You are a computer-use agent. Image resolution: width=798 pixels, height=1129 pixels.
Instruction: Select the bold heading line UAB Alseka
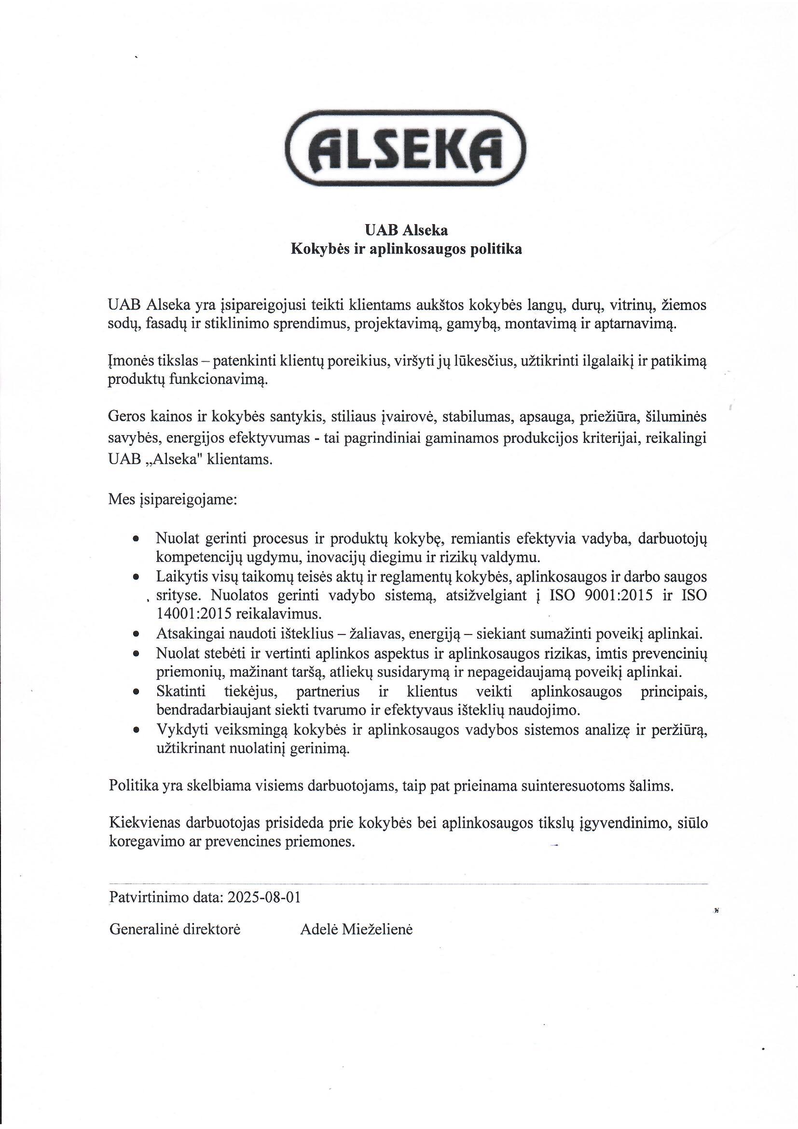406,230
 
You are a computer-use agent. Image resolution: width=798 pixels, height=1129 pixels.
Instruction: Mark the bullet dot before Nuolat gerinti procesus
137,539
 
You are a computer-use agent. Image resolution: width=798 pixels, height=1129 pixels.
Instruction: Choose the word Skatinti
181,692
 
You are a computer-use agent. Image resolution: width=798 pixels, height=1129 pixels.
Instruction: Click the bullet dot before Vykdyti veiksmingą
137,731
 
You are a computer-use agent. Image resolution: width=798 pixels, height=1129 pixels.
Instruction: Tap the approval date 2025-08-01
264,897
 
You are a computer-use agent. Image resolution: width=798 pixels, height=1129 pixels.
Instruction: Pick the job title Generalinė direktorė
175,930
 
